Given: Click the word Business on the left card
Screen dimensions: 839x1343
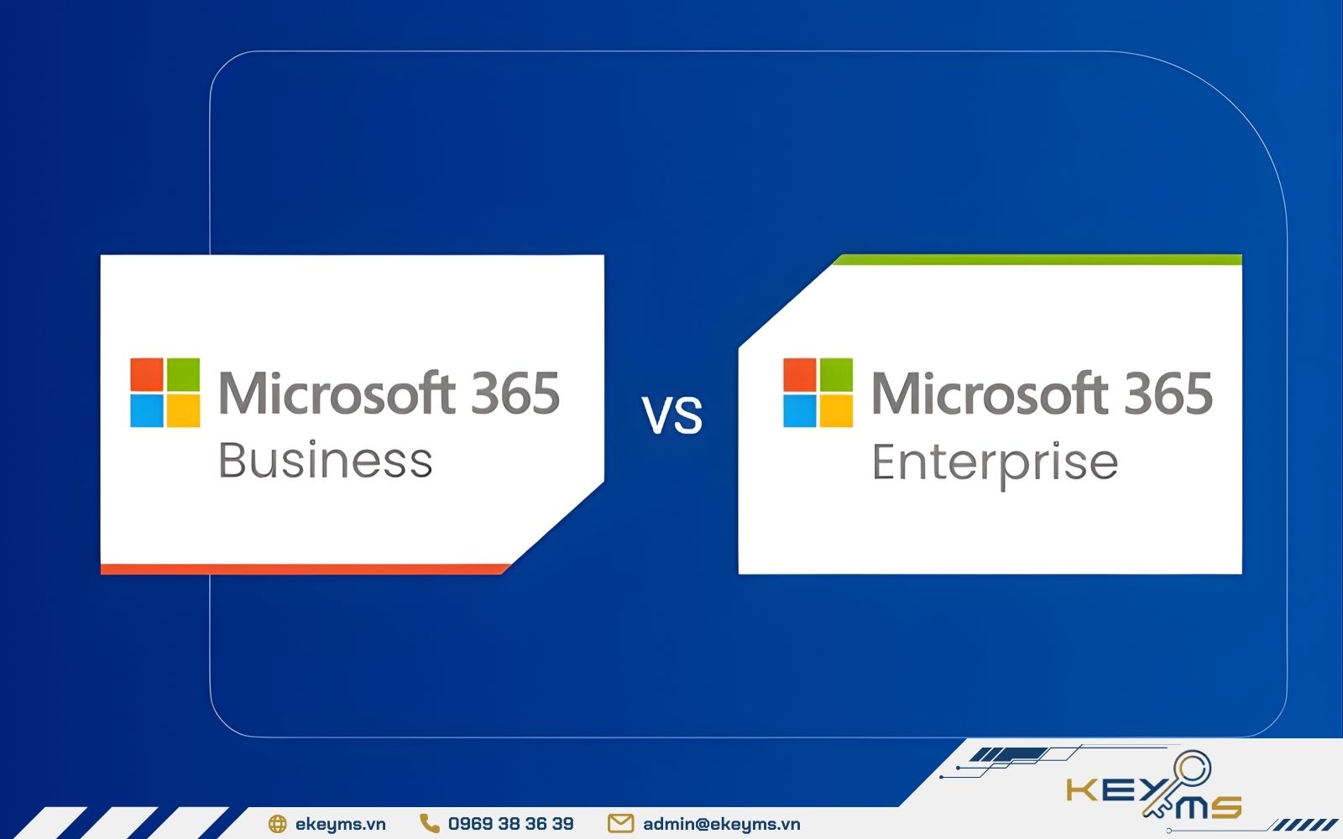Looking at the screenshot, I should pos(325,461).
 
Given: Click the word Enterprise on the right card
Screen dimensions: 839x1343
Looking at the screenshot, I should pos(995,463).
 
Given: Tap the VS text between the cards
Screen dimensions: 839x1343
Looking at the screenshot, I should pos(672,415).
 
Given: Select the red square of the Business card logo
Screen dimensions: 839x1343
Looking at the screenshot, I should pos(147,375).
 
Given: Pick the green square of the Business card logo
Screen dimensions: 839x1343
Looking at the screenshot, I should pos(183,375).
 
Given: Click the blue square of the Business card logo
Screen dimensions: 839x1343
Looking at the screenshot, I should pos(147,411).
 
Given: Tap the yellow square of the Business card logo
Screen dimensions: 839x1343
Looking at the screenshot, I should pos(183,411).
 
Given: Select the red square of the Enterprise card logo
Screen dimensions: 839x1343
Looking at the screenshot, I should pos(800,375).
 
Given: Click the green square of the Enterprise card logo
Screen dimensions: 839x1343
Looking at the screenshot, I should pos(836,375).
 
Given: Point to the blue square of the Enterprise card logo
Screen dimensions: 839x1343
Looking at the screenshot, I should pos(800,411).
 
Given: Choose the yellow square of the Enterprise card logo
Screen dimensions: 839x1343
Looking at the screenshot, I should pos(836,411).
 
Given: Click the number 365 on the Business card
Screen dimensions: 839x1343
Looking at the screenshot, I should pos(515,393).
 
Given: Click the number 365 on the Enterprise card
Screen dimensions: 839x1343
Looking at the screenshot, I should pos(1168,393).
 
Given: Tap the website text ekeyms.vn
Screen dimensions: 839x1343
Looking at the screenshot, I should pos(340,824).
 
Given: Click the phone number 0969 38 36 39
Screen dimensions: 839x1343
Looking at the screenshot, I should pos(510,824).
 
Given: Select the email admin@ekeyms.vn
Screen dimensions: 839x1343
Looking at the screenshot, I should pos(721,824).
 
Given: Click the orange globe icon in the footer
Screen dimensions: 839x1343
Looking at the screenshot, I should pos(277,824).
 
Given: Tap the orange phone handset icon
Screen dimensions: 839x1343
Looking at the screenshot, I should pos(430,824).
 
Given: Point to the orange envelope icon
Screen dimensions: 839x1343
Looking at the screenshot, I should pos(620,824).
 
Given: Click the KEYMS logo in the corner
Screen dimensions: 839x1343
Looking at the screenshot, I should pos(1154,793).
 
